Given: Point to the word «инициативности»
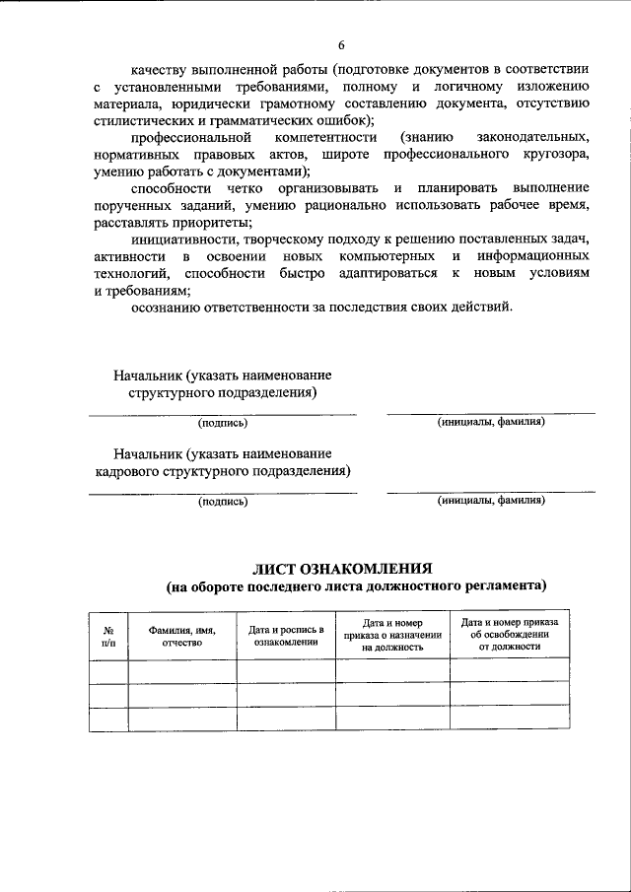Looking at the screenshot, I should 178,240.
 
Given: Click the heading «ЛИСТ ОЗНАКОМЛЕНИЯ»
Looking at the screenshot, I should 342,569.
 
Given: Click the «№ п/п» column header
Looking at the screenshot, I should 107,636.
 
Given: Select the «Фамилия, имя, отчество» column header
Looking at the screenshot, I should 181,636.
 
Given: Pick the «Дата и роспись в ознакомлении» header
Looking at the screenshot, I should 286,636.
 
